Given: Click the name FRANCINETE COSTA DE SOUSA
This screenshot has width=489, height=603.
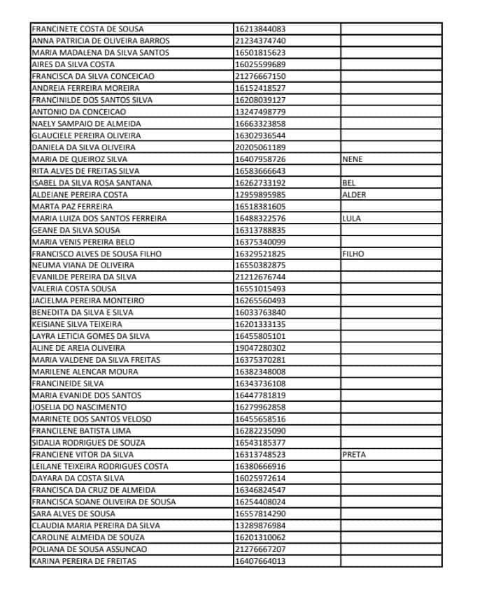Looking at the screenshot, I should pos(88,29).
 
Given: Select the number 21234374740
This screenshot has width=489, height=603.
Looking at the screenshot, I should pos(260,41).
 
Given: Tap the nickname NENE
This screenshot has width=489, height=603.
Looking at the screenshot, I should pos(353,159).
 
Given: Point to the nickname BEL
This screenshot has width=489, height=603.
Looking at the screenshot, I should pos(349,183).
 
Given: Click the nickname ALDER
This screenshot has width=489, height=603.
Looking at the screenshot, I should pos(354,195).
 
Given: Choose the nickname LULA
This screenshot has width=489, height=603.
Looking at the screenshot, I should pos(351,219).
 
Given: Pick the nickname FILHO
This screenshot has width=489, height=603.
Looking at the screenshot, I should pos(353,254).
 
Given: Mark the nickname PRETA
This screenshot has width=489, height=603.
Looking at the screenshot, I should pos(354,455).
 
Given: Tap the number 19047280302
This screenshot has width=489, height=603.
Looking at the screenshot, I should pos(260,348).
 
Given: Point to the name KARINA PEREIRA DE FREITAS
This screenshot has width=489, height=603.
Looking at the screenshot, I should pos(84,561).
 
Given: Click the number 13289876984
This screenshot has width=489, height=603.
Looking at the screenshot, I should pos(260,525).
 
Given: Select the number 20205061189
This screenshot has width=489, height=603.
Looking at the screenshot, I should pos(260,147).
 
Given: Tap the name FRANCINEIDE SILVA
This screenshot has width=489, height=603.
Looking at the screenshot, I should pos(68,384).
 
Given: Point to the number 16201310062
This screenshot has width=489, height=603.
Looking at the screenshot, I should pos(260,537).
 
